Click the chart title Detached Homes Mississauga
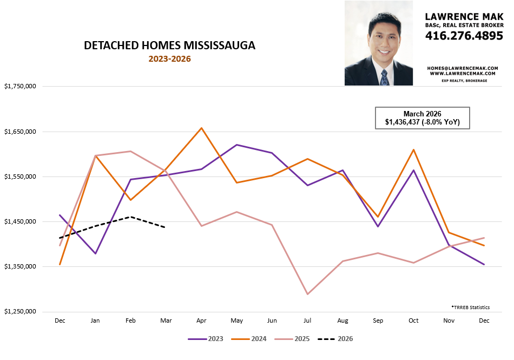pyautogui.click(x=169, y=46)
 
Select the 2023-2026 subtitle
pyautogui.click(x=169, y=59)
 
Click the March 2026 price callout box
pyautogui.click(x=422, y=118)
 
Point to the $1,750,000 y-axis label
pyautogui.click(x=20, y=87)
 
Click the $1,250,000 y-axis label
pyautogui.click(x=20, y=312)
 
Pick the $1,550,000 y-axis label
pyautogui.click(x=20, y=176)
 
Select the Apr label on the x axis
pyautogui.click(x=202, y=321)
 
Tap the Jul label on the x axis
pyautogui.click(x=308, y=321)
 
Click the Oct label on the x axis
pyautogui.click(x=414, y=321)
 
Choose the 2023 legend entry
pyautogui.click(x=206, y=339)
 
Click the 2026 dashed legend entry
pyautogui.click(x=335, y=339)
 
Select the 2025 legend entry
pyautogui.click(x=292, y=339)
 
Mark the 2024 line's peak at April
pyautogui.click(x=202, y=128)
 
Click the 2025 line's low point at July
pyautogui.click(x=308, y=294)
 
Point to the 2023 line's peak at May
pyautogui.click(x=237, y=145)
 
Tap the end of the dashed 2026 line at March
pyautogui.click(x=166, y=227)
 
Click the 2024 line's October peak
pyautogui.click(x=414, y=149)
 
